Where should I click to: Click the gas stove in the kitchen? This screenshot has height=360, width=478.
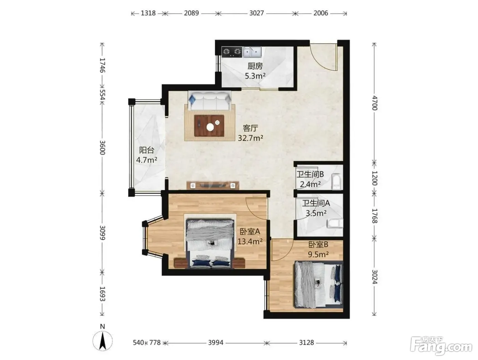(232, 52)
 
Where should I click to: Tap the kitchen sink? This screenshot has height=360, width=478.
(252, 52)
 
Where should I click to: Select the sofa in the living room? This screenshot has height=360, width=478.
(210, 101)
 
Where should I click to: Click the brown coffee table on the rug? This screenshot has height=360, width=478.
(209, 126)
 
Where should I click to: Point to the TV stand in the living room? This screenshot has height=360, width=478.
(213, 185)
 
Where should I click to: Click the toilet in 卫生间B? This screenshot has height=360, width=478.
(336, 181)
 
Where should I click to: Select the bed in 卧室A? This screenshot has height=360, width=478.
(210, 244)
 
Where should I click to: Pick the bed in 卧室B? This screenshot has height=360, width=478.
(318, 285)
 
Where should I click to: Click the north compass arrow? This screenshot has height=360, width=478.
(103, 341)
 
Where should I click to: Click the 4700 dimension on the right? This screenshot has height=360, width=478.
(374, 103)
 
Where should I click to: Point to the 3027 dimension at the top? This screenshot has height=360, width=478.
(256, 13)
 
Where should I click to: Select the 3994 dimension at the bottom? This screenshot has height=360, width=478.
(215, 343)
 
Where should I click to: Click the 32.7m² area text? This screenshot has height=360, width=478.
(250, 138)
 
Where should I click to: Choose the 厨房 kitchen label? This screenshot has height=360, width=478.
(255, 66)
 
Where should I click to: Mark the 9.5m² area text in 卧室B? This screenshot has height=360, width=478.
(318, 254)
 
